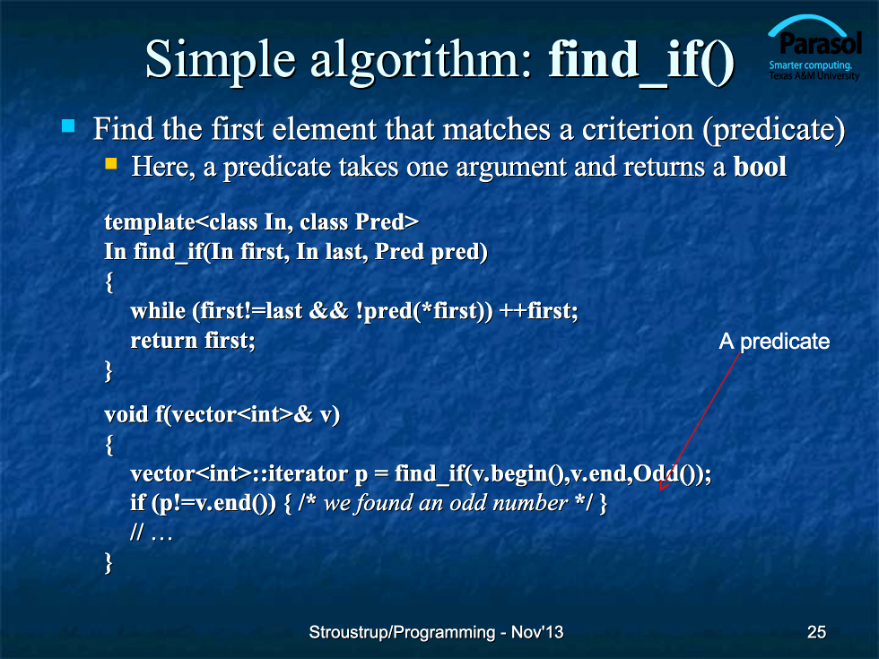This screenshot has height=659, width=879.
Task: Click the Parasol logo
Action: point(814,48)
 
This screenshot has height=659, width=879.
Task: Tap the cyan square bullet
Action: point(68,126)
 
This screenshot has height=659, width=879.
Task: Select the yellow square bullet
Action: point(111,163)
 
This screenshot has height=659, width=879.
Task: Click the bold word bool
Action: point(760,167)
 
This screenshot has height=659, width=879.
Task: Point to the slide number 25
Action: point(816,632)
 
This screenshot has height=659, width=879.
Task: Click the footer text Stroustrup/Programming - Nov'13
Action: point(436,632)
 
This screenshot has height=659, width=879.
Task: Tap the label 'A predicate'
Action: point(774,342)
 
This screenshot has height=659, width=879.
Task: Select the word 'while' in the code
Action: point(158,310)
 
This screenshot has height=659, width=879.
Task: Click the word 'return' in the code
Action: point(163,341)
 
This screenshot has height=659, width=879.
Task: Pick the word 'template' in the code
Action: point(150,222)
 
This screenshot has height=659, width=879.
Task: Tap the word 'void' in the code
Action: point(126,414)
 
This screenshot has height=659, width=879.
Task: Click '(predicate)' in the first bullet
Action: point(773,130)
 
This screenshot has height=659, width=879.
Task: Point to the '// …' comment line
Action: point(151,532)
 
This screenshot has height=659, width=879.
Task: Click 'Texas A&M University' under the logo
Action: point(814,75)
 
